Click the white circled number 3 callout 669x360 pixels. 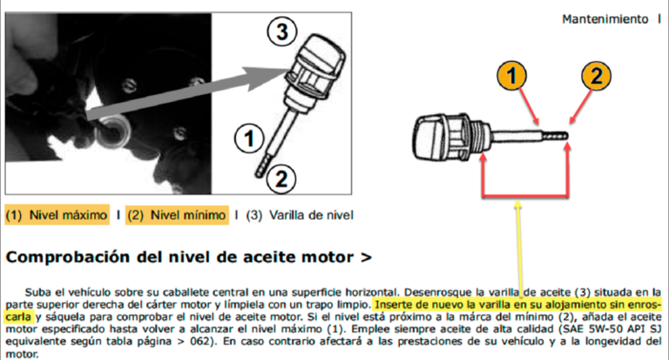point(281,31)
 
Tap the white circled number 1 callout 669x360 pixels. point(249,138)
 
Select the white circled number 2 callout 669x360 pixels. point(280,179)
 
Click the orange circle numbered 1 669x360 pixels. point(511,76)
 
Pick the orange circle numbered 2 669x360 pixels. point(596,76)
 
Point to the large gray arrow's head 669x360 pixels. point(267,76)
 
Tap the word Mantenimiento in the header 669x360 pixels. point(605,19)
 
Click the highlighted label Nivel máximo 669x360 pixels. point(68,214)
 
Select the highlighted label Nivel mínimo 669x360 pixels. point(188,214)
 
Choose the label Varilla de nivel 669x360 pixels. point(311,214)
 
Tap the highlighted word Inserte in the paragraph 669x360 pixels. point(392,305)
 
